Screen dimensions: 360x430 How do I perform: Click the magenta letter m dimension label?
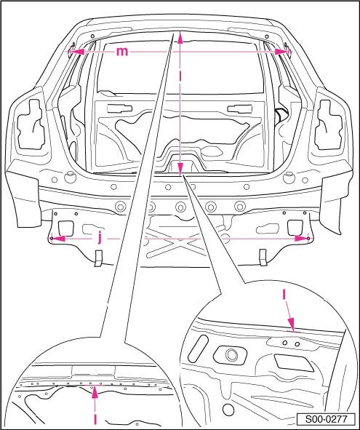click(122, 52)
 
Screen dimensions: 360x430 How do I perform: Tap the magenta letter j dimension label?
click(100, 239)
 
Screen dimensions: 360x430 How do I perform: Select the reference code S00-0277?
click(327, 419)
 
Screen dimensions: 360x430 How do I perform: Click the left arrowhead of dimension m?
click(79, 52)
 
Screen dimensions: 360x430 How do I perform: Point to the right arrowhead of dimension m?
click(281, 52)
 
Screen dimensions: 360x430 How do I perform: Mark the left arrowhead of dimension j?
click(59, 239)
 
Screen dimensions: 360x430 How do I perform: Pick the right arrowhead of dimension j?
click(301, 239)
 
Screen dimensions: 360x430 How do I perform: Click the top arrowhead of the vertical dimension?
click(180, 38)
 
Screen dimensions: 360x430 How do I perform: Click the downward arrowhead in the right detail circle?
click(291, 325)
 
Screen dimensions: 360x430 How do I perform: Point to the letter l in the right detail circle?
click(284, 295)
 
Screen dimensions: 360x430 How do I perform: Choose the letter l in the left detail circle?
click(95, 420)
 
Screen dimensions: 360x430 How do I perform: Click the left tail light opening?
click(31, 124)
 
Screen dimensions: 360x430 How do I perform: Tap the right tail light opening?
click(329, 125)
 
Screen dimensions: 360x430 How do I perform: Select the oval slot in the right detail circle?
click(198, 348)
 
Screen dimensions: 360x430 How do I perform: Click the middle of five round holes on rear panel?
click(180, 207)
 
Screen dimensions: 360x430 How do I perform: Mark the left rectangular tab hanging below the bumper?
click(98, 258)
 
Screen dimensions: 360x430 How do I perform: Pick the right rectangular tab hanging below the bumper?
click(263, 258)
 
